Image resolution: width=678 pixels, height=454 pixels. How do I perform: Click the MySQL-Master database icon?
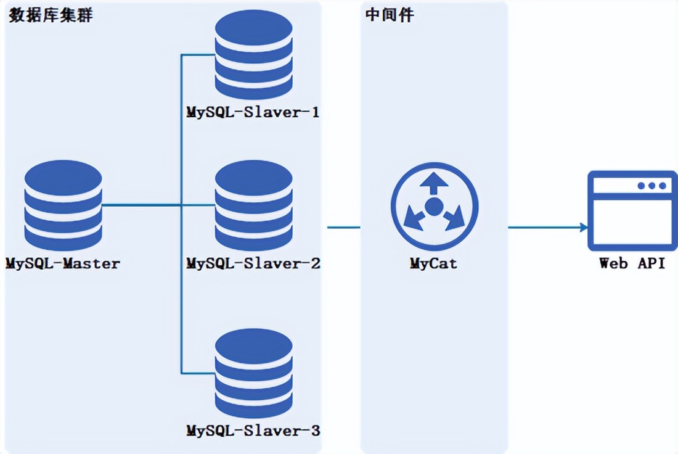[63, 205]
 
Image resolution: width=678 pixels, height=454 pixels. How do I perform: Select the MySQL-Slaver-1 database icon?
[254, 54]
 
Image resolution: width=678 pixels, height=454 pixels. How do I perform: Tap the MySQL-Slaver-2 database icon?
[254, 205]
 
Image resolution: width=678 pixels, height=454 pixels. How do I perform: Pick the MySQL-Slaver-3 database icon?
[254, 373]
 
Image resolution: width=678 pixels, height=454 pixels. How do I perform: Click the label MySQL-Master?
[63, 263]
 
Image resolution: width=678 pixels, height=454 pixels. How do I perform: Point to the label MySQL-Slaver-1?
[253, 112]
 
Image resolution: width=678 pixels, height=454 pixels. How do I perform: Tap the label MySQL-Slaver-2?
[253, 263]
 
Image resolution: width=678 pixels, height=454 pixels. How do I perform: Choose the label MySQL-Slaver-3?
[253, 431]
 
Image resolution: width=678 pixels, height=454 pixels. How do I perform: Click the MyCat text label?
[433, 263]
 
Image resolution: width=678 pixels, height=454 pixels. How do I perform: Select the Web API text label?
[632, 263]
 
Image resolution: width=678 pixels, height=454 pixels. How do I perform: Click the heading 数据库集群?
[51, 15]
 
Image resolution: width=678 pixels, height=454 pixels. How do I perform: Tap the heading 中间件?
[390, 15]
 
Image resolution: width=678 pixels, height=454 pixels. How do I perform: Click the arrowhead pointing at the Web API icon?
[584, 227]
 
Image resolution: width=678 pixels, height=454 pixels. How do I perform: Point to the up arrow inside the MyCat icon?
[434, 183]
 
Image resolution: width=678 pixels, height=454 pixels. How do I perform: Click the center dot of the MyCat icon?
[434, 207]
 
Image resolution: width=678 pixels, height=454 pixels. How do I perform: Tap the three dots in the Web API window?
[651, 186]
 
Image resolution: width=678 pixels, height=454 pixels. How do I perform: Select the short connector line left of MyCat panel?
[344, 227]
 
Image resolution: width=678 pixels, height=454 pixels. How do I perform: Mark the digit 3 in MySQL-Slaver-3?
[315, 431]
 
